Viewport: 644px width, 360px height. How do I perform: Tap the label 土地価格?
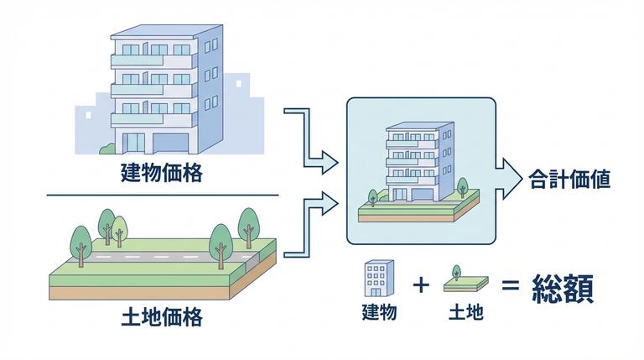click(x=161, y=318)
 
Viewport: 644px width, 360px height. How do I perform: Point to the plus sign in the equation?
click(x=421, y=285)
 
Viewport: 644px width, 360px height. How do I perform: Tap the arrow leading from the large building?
click(x=310, y=138)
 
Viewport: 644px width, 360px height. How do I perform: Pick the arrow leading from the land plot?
click(x=310, y=225)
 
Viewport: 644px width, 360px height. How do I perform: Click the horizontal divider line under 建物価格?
click(x=161, y=196)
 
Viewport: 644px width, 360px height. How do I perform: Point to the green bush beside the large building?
click(x=106, y=149)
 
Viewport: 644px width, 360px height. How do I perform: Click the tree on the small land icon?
click(x=456, y=271)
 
